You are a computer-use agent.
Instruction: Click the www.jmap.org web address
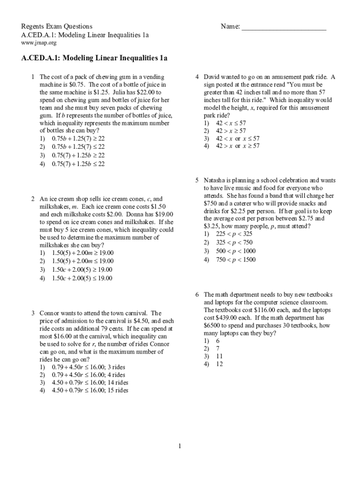39,43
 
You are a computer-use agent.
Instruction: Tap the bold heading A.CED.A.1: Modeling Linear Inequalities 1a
94,58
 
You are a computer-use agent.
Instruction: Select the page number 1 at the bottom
180,446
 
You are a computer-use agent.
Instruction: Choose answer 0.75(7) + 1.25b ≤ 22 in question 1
78,164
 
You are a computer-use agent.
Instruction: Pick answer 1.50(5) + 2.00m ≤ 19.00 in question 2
82,261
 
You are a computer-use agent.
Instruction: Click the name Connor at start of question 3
50,313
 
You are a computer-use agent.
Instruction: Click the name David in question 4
213,77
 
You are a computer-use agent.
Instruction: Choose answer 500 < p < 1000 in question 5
236,251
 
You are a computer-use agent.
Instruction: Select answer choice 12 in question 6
219,364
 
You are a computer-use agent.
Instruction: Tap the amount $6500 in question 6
213,325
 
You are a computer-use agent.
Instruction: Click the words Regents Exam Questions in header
57,27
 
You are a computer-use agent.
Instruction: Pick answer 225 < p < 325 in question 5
234,234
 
